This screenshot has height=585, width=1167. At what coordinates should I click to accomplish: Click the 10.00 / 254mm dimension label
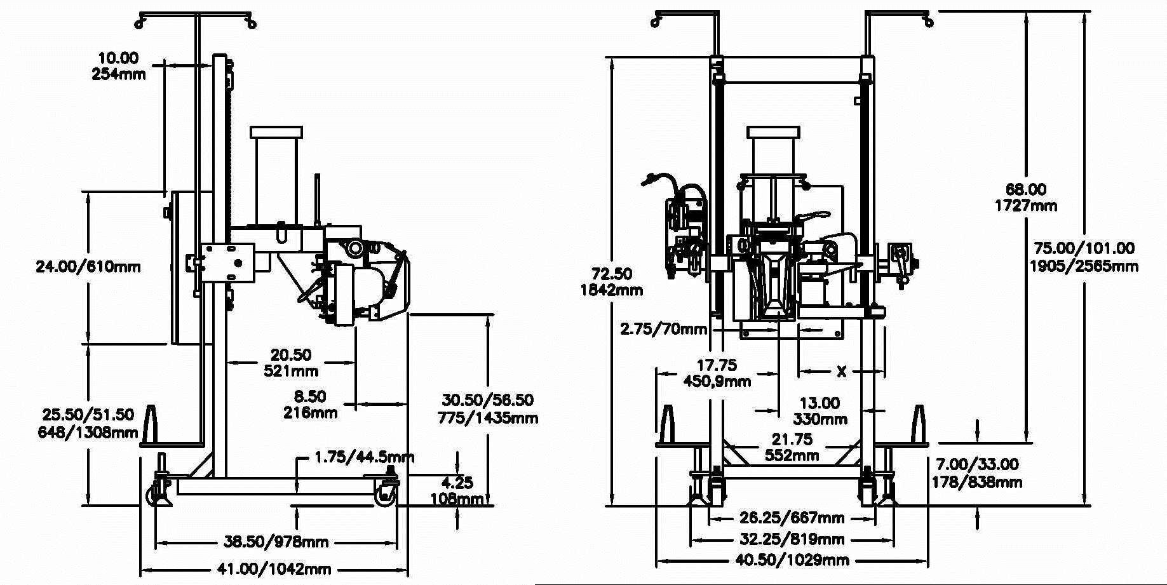tap(119, 66)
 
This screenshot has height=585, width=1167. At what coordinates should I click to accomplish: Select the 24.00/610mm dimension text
tap(88, 266)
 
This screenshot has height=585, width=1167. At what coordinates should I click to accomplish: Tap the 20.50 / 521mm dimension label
tap(291, 363)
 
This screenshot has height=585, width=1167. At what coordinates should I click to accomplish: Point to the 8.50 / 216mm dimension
tap(310, 405)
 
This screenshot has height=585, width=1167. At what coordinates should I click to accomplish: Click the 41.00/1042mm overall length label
tap(274, 569)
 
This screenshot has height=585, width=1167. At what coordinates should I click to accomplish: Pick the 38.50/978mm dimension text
tap(276, 542)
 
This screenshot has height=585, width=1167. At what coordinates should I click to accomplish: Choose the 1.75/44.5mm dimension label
tap(365, 457)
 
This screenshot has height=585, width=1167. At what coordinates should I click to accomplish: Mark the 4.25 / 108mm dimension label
tap(457, 491)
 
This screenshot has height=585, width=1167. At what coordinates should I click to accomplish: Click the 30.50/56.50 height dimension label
tap(488, 408)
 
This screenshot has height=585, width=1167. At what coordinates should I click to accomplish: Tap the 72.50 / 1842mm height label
tap(612, 282)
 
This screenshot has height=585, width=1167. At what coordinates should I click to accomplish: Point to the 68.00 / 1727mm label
tap(1026, 197)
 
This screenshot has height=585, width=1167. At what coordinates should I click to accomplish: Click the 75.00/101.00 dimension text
tap(1084, 257)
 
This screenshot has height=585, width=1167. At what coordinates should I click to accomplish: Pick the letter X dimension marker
tap(842, 372)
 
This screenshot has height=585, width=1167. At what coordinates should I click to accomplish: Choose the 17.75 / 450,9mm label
tap(717, 373)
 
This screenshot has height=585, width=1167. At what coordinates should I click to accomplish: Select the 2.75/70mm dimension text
tap(664, 329)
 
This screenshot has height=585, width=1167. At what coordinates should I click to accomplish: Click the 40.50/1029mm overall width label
tap(792, 560)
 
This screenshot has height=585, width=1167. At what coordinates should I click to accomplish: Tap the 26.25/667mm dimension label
tap(792, 518)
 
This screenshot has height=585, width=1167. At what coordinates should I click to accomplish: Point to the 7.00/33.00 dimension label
tap(977, 473)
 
